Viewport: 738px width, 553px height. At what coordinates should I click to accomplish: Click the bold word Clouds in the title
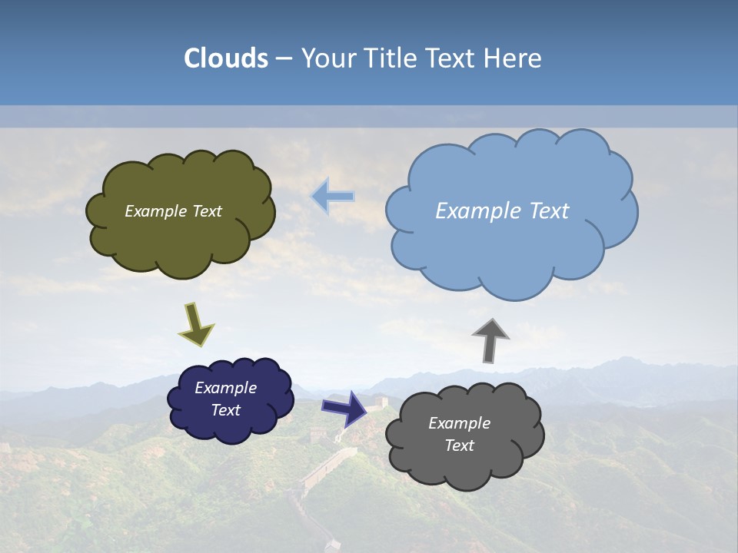click(225, 58)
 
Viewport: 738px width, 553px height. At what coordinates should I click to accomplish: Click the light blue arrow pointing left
click(333, 196)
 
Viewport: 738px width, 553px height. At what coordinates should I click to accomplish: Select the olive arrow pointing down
click(196, 323)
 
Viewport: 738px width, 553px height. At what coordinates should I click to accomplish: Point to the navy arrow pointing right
click(344, 408)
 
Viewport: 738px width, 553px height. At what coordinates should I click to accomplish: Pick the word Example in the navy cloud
click(225, 388)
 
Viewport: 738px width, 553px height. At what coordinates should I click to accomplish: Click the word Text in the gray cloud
click(459, 445)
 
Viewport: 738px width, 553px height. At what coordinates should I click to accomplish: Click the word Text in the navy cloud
click(225, 410)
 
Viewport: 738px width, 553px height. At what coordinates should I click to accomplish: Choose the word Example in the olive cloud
click(154, 211)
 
